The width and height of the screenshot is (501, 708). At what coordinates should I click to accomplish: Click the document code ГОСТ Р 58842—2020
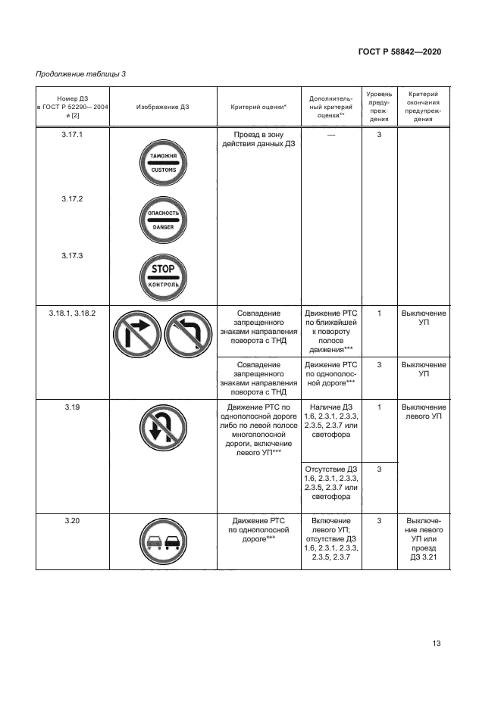tap(399, 51)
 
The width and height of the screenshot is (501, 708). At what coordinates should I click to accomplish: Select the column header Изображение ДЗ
tap(163, 108)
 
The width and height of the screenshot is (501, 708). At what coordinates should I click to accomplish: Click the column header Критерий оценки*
tap(258, 108)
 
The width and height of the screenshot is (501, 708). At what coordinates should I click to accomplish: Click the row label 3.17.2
tap(72, 199)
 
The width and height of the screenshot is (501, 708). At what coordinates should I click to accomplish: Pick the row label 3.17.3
tap(72, 256)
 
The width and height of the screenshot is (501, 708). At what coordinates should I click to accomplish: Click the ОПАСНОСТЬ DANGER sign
tap(163, 220)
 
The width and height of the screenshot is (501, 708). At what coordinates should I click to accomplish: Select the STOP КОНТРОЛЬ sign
tap(163, 276)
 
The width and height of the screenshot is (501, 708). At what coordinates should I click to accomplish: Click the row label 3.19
tap(72, 407)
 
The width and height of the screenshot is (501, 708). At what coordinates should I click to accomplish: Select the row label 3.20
tap(72, 521)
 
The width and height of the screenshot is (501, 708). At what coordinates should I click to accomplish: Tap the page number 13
tap(436, 644)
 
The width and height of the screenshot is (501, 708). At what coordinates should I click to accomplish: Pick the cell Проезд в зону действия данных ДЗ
tap(258, 139)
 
